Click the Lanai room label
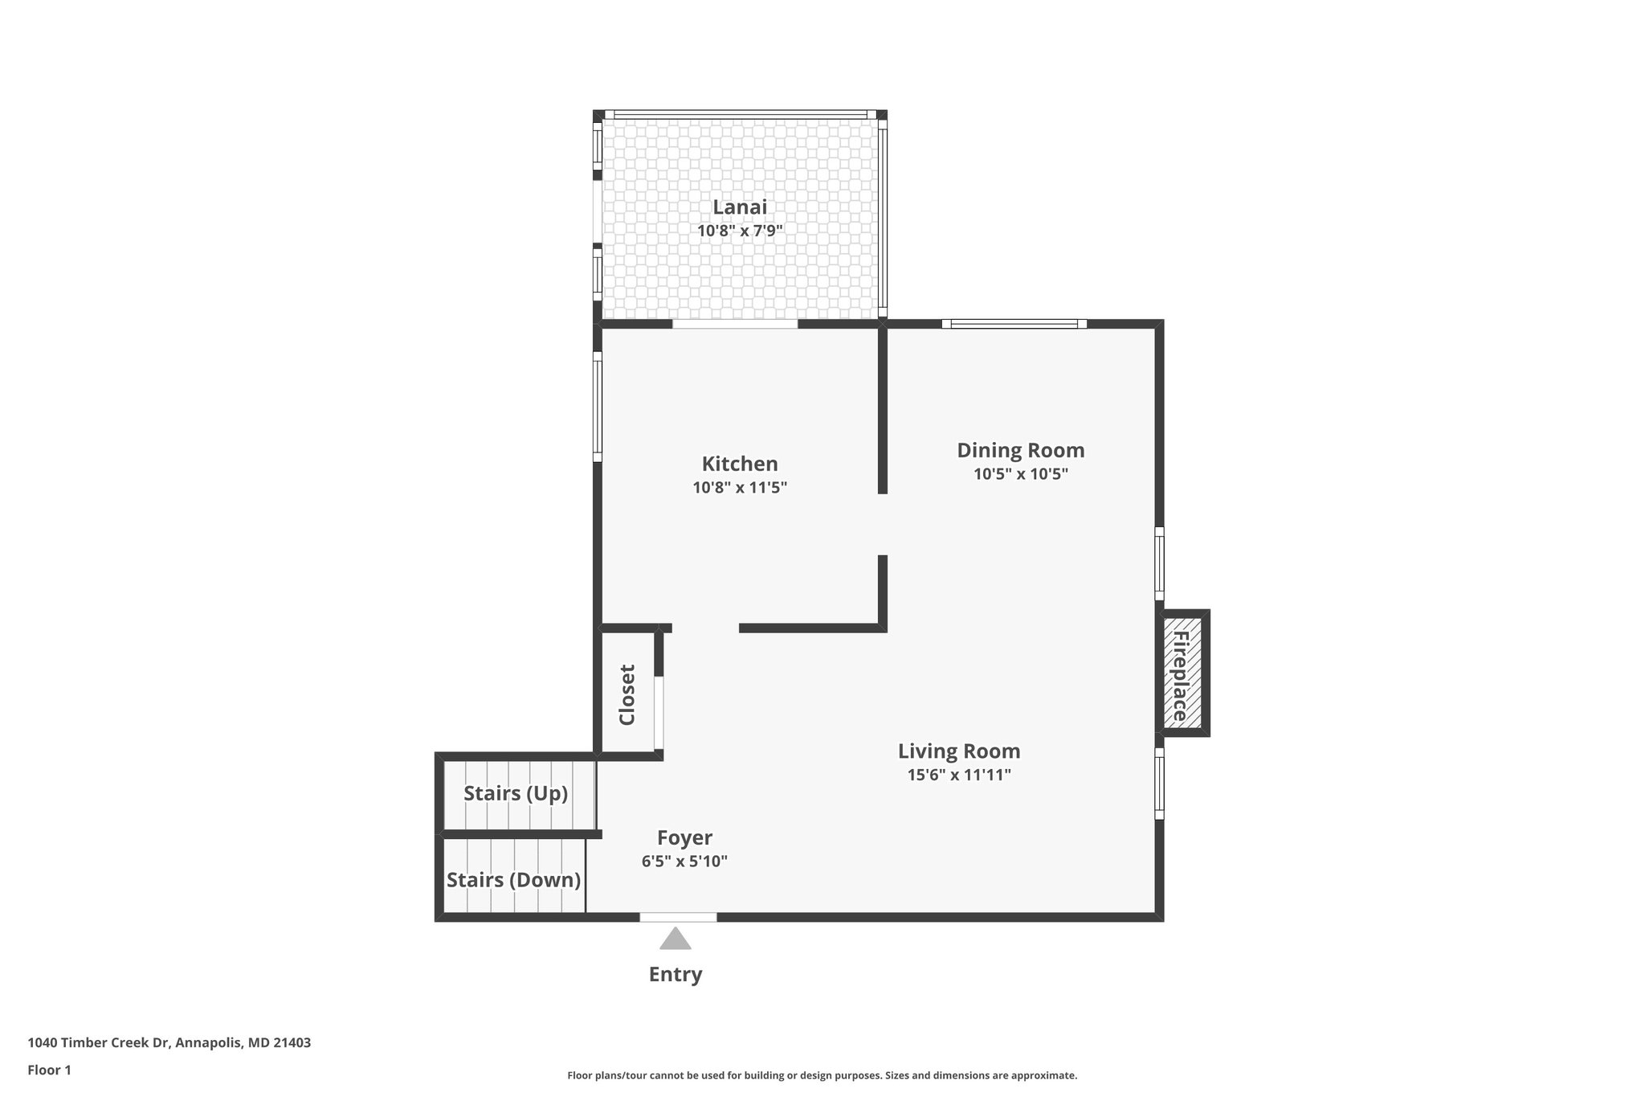pyautogui.click(x=740, y=207)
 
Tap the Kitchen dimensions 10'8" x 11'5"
pyautogui.click(x=740, y=487)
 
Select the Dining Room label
pyautogui.click(x=1020, y=450)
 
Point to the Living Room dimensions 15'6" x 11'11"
pyautogui.click(x=958, y=775)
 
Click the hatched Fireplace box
pyautogui.click(x=1182, y=673)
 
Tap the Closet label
pyautogui.click(x=627, y=694)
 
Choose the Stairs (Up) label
pyautogui.click(x=516, y=793)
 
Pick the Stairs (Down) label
pyautogui.click(x=513, y=880)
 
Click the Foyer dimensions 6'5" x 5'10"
pyautogui.click(x=684, y=862)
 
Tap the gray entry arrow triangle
pyautogui.click(x=676, y=939)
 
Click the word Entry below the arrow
pyautogui.click(x=676, y=974)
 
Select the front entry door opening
pyautogui.click(x=678, y=917)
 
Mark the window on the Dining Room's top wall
pyautogui.click(x=1014, y=324)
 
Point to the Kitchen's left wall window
pyautogui.click(x=598, y=407)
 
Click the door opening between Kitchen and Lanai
pyautogui.click(x=735, y=324)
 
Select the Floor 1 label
pyautogui.click(x=49, y=1070)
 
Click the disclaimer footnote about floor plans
pyautogui.click(x=822, y=1075)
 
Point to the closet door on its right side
pyautogui.click(x=659, y=712)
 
